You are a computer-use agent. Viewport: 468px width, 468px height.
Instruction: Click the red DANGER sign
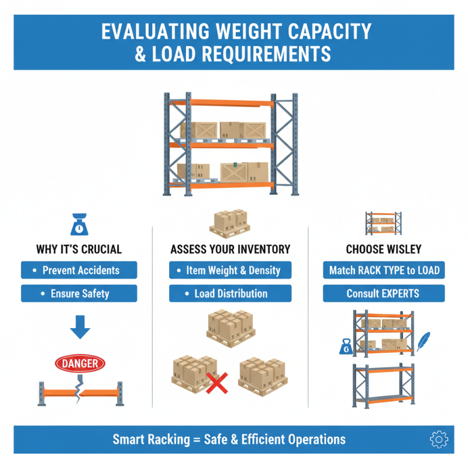pyautogui.click(x=80, y=364)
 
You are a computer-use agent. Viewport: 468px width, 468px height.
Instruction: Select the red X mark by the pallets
pyautogui.click(x=217, y=383)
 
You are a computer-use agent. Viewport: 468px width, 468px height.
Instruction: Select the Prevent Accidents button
pyautogui.click(x=79, y=270)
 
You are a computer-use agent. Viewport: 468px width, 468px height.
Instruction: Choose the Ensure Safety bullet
pyautogui.click(x=79, y=293)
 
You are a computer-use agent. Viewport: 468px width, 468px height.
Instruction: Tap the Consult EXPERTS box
pyautogui.click(x=383, y=293)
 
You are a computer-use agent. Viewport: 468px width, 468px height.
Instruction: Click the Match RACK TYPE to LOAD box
pyautogui.click(x=383, y=270)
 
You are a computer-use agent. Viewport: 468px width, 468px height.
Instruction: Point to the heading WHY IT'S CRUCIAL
pyautogui.click(x=79, y=249)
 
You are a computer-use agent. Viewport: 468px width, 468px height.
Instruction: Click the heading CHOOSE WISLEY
pyautogui.click(x=383, y=249)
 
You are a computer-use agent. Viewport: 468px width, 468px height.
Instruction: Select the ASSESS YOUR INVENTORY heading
pyautogui.click(x=230, y=249)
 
